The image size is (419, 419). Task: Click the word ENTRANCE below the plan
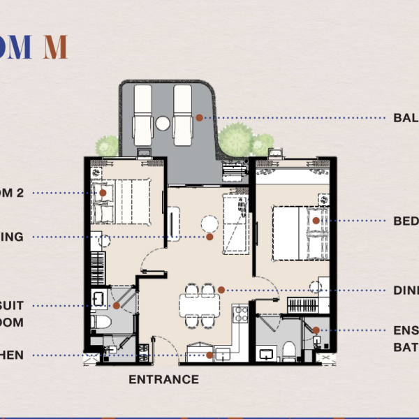[163, 380]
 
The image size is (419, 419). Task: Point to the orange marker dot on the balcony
[199, 118]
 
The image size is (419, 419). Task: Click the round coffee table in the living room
[209, 223]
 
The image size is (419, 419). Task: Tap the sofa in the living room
[233, 225]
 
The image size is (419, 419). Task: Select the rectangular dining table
[199, 305]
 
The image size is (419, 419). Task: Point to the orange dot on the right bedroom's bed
[316, 221]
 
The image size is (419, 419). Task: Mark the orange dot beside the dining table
[221, 290]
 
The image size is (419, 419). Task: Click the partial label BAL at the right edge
[406, 118]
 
